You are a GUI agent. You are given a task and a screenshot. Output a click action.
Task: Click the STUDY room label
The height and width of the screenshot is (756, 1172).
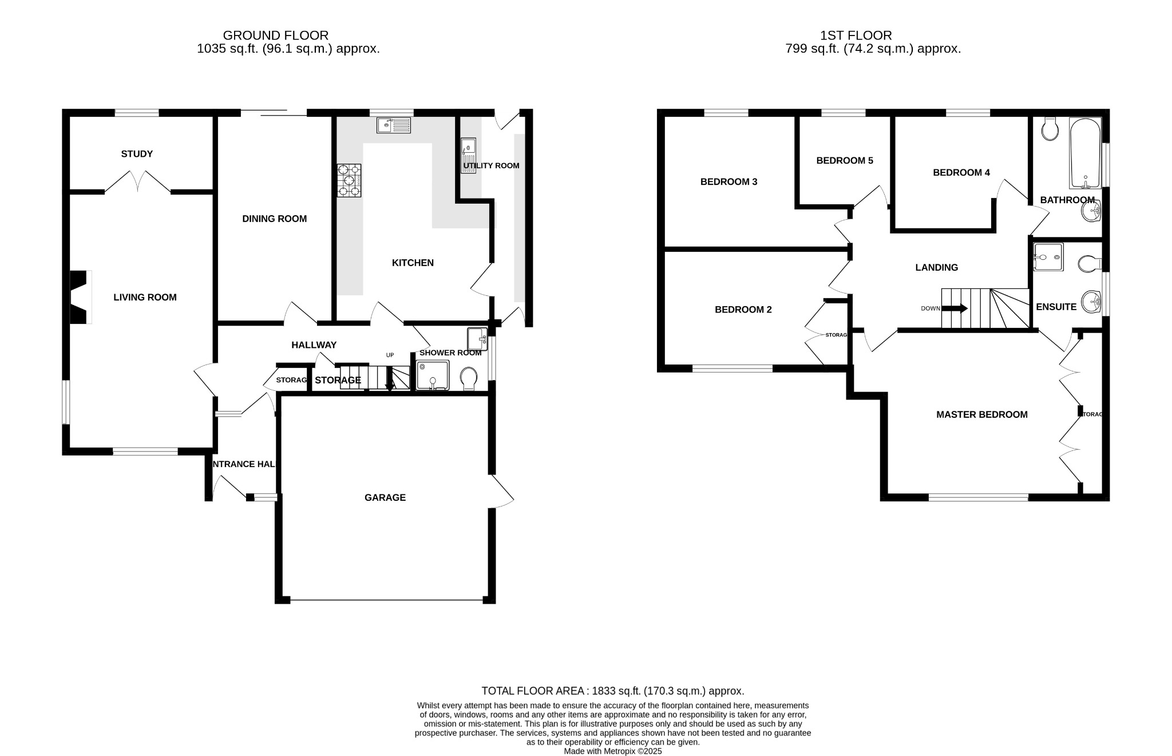(x=137, y=154)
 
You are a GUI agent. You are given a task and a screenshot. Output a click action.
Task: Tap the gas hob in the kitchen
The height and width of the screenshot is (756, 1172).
(x=349, y=180)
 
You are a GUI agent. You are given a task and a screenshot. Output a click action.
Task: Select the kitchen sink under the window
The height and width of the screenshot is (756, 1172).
(x=394, y=125)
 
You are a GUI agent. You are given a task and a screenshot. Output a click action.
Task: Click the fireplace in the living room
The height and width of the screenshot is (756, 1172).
(x=80, y=297)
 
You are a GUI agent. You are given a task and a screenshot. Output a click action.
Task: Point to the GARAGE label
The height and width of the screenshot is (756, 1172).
(x=385, y=498)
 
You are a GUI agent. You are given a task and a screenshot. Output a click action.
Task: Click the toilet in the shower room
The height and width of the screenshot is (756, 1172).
(x=469, y=378)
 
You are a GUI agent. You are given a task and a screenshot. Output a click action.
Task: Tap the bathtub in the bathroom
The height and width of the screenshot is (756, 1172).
(x=1085, y=153)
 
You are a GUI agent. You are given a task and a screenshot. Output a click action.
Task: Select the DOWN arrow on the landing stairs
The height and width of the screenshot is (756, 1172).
(x=955, y=308)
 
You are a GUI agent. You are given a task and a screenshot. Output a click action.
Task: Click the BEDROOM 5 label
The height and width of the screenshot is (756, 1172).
(x=845, y=161)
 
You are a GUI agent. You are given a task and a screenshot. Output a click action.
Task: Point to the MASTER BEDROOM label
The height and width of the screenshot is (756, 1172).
(x=981, y=415)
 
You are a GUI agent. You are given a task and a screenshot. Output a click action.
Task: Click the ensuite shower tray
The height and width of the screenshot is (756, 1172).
(x=1048, y=257)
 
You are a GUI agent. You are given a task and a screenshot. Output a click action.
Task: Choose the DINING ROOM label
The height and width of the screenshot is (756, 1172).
(x=274, y=219)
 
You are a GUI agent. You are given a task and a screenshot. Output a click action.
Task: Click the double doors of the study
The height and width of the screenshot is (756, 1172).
(x=137, y=181)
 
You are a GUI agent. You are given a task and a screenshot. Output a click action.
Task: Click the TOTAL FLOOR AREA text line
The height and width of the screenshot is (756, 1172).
(x=612, y=691)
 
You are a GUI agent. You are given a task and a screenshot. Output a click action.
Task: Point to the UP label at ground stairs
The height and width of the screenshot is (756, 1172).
(x=390, y=355)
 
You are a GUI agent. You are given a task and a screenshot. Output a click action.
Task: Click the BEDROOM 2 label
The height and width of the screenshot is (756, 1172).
(x=743, y=310)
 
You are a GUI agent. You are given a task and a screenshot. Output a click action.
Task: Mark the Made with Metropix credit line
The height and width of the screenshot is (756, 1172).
(x=612, y=751)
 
